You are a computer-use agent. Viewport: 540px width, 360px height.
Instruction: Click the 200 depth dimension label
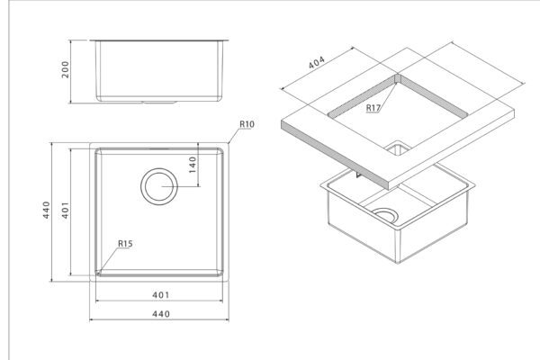(65, 69)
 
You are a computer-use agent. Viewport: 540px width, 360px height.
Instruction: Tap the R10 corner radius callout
(247, 124)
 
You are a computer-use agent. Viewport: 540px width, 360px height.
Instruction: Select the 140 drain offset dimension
(193, 165)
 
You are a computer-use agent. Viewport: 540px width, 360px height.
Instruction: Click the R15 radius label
(125, 244)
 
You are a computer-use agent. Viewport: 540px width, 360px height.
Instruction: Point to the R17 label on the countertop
(373, 108)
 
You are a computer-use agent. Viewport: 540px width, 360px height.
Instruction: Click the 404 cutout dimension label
(316, 62)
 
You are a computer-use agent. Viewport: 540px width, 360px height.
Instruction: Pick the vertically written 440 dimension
(46, 210)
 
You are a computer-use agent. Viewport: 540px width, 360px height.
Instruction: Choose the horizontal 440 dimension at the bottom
(161, 314)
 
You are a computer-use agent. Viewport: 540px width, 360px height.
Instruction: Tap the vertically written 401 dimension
(65, 210)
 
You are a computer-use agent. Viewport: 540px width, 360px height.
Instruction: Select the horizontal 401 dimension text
(161, 295)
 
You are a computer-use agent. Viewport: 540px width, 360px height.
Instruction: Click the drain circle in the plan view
(159, 186)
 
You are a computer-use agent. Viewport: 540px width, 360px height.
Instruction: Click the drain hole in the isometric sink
(385, 216)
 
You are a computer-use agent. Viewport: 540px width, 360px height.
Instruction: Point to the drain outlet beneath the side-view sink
(159, 103)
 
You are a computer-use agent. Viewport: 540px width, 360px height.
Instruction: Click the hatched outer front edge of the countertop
(335, 155)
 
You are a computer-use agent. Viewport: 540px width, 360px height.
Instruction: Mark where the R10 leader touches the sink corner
(228, 143)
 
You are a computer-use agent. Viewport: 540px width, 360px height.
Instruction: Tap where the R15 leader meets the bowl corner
(98, 273)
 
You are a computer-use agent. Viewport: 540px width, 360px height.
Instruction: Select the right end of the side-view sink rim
(229, 40)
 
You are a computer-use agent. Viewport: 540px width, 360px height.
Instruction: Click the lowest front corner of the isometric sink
(399, 263)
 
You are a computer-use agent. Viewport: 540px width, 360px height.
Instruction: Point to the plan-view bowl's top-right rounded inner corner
(220, 151)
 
